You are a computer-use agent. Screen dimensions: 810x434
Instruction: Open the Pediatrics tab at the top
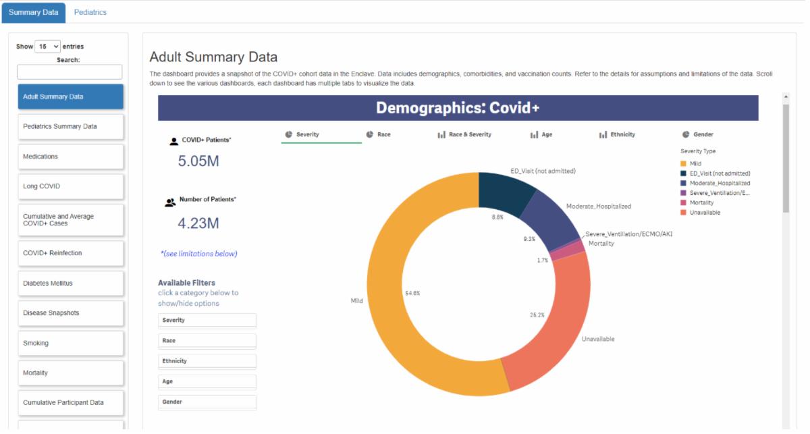pos(90,12)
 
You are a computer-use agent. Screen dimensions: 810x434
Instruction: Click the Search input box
pos(70,72)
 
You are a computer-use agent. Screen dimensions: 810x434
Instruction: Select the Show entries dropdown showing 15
pos(47,47)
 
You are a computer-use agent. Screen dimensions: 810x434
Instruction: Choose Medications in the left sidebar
pos(70,157)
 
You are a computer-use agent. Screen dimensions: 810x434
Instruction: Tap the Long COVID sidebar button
pos(70,186)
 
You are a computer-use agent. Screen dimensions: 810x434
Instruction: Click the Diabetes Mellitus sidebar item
pos(70,283)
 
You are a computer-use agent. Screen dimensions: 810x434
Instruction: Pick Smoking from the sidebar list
pos(70,343)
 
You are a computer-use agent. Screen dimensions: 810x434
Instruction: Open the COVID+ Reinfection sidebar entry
pos(70,253)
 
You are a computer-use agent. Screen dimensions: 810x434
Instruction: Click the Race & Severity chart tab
pos(464,134)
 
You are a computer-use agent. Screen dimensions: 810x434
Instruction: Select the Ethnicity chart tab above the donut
pos(617,134)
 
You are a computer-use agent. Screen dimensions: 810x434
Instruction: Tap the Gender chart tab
pos(697,134)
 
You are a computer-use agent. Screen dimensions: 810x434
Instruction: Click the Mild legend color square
pos(683,163)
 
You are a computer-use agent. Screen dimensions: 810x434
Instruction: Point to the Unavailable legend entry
pos(701,213)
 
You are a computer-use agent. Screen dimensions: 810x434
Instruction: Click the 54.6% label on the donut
pos(412,294)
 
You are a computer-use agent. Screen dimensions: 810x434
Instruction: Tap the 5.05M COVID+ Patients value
pos(198,161)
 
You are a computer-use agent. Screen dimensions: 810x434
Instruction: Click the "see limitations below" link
pos(199,254)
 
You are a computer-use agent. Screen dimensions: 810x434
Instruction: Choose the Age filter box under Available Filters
pos(207,381)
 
